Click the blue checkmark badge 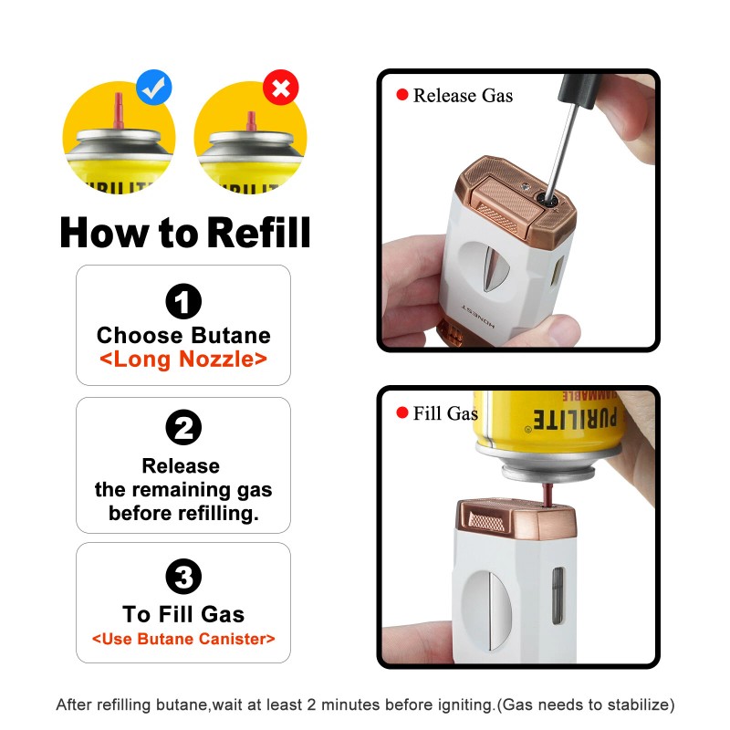click(x=154, y=87)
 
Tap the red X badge click(x=281, y=88)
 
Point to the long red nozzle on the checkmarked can click(x=119, y=110)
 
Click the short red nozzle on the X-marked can click(x=252, y=121)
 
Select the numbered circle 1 click(x=183, y=301)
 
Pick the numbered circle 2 click(x=183, y=427)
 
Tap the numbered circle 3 click(x=183, y=577)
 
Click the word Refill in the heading click(x=258, y=233)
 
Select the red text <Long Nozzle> click(x=183, y=359)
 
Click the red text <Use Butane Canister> click(x=183, y=638)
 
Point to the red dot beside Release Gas click(x=402, y=95)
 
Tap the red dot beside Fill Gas click(x=402, y=412)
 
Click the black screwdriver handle click(x=579, y=90)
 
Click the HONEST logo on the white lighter click(x=477, y=317)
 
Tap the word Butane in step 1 click(x=231, y=335)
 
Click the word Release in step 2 click(x=181, y=465)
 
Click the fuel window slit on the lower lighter click(x=558, y=596)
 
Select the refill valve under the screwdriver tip click(x=547, y=200)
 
